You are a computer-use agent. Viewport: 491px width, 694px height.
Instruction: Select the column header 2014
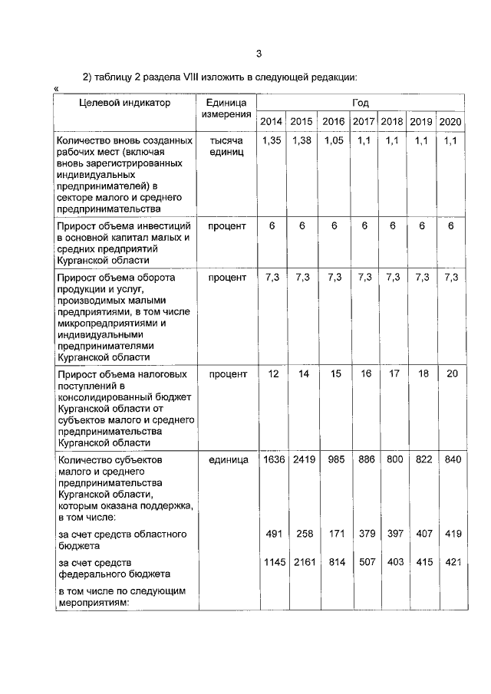tap(271, 122)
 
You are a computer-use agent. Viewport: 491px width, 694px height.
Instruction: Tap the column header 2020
tap(450, 122)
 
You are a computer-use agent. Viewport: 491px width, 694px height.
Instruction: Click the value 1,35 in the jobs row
tap(272, 141)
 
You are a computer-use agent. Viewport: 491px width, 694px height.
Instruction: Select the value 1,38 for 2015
tap(302, 141)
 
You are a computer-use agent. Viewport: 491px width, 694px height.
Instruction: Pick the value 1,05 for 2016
tap(334, 141)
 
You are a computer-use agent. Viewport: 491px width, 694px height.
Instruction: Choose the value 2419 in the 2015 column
tap(302, 459)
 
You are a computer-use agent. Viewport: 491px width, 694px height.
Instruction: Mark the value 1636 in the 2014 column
tap(272, 459)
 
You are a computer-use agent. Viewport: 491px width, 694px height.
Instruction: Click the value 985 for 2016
tap(334, 459)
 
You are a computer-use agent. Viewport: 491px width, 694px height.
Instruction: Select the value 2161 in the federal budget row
tap(302, 562)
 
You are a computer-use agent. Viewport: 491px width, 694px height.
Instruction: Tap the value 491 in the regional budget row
tap(275, 533)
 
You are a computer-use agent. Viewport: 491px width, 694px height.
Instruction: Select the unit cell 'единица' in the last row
tap(228, 459)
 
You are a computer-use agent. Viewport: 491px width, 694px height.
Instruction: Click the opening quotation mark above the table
tap(56, 90)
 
